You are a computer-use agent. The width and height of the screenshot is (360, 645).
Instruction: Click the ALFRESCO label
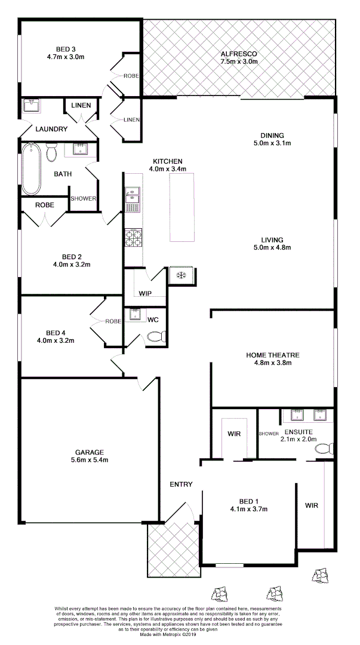[238, 53]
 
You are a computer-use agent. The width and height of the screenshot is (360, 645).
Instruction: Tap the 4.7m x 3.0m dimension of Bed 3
[65, 57]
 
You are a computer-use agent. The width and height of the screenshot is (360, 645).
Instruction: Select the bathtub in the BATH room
[31, 169]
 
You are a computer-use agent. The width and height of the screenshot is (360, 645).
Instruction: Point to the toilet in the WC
[155, 337]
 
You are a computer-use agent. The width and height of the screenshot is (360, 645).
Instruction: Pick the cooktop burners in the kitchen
[133, 238]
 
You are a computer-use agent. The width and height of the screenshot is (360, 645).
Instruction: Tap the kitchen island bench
[182, 209]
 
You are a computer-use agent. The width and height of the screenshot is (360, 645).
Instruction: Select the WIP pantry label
[144, 294]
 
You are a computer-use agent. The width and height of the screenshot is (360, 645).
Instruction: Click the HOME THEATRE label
[272, 355]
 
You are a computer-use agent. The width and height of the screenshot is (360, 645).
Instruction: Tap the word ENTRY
[181, 484]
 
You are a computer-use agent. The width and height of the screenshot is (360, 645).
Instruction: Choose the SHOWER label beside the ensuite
[269, 434]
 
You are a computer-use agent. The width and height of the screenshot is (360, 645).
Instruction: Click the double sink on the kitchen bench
[132, 195]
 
